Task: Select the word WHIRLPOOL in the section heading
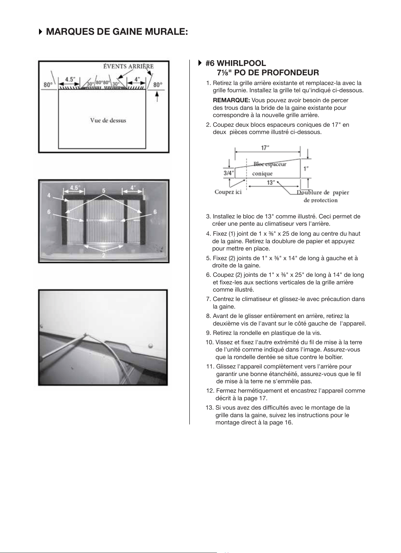point(242,63)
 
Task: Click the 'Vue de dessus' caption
point(108,120)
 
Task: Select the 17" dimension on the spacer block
point(265,148)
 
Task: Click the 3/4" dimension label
point(229,173)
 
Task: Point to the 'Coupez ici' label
point(228,192)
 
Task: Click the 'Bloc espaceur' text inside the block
point(270,164)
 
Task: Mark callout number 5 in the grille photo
point(104,191)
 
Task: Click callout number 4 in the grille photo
point(49,196)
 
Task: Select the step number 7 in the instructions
point(208,299)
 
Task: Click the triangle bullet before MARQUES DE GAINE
point(41,32)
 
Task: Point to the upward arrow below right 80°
point(157,97)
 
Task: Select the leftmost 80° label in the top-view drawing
point(48,85)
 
